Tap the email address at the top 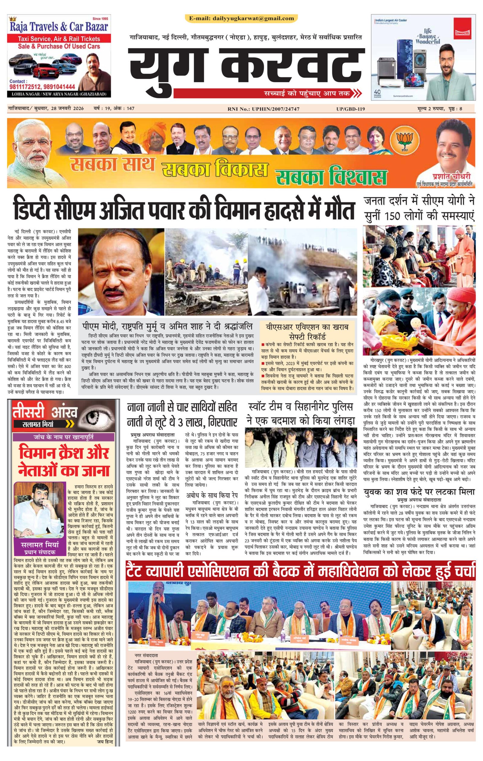click(241, 18)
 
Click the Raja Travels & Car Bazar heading click(59, 27)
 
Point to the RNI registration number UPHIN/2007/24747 click(263, 109)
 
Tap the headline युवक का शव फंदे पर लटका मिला click(418, 492)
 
